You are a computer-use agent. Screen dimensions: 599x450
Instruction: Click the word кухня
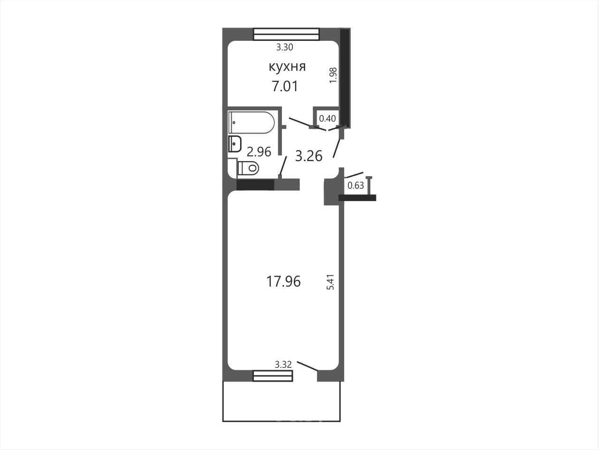(287, 67)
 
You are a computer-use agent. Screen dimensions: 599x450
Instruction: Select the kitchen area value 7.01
(285, 86)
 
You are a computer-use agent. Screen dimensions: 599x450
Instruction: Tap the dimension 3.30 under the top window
(285, 47)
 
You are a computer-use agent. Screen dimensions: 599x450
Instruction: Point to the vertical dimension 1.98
(334, 75)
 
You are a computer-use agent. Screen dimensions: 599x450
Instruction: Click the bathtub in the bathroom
(252, 123)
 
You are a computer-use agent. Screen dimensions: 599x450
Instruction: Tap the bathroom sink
(235, 144)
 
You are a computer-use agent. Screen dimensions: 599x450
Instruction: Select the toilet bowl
(248, 168)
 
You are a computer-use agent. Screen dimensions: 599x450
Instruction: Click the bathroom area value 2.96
(259, 152)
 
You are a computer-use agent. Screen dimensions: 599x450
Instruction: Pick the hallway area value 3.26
(309, 156)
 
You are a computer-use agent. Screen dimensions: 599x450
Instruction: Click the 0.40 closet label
(328, 119)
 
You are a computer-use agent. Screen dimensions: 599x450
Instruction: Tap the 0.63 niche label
(356, 185)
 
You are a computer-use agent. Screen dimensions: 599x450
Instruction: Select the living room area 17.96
(283, 281)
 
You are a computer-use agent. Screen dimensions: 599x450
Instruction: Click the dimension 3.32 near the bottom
(283, 364)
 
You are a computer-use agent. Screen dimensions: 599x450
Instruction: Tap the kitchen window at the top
(286, 34)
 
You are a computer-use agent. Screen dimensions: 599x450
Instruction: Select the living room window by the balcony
(273, 376)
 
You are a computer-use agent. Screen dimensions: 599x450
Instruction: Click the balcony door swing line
(307, 366)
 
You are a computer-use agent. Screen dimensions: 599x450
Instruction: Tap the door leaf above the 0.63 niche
(354, 175)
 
